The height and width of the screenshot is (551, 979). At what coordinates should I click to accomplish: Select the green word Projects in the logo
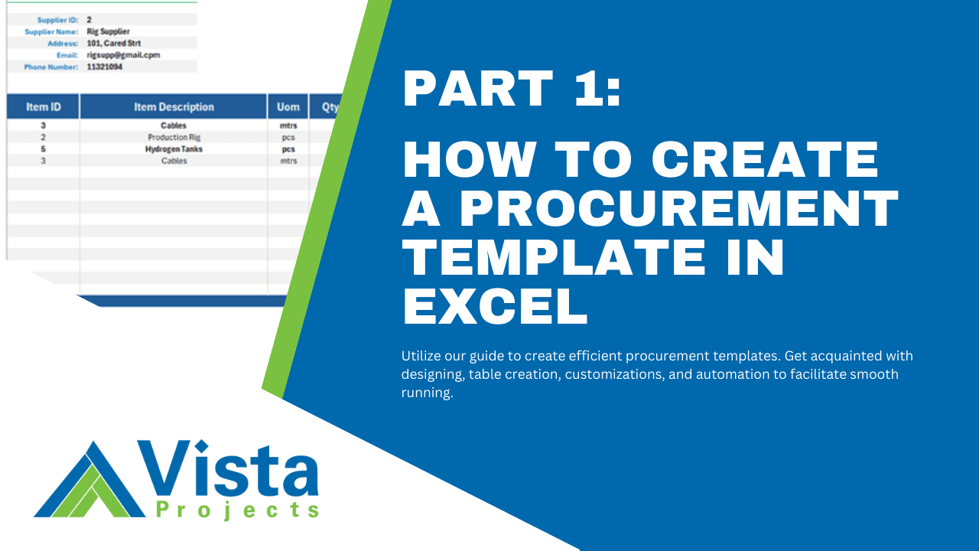pos(236,510)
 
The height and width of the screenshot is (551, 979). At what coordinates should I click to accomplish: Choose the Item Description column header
pos(174,107)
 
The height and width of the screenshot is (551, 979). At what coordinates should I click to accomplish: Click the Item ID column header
pos(43,107)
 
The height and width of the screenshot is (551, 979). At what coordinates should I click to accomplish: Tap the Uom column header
pos(288,107)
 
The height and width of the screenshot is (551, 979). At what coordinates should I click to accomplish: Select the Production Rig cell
pos(174,137)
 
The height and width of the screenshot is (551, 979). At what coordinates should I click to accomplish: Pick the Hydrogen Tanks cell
pos(174,149)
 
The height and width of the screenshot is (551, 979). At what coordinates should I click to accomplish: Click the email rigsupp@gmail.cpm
pos(123,55)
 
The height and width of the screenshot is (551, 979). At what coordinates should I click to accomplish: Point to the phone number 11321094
pos(105,67)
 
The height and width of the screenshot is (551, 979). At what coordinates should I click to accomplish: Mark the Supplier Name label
pos(51,31)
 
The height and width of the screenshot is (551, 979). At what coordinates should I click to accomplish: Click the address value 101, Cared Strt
pos(114,44)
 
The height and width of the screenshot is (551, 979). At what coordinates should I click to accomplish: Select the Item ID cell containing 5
pos(43,149)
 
